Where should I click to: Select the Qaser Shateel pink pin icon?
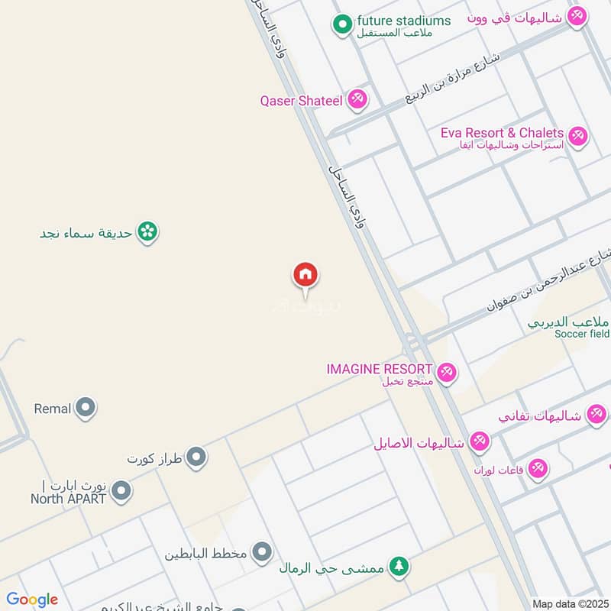coord(357,99)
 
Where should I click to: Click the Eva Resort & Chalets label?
coord(502,133)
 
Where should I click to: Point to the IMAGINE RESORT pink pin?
coord(447,372)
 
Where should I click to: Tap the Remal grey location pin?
coord(86,409)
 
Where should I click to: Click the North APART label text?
coord(68,499)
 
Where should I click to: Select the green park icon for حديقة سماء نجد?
coord(147,231)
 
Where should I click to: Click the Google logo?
coord(32,600)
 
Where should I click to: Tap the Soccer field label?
coord(581,334)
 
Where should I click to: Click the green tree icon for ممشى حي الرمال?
coord(398,567)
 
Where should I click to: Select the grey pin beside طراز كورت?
coord(197,458)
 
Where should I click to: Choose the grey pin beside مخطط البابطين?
coord(262,551)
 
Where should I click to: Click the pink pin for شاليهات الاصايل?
coord(479,441)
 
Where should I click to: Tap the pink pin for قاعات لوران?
coord(538,468)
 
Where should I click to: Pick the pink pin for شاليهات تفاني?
coord(596,415)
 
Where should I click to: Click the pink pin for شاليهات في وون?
coord(577,15)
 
